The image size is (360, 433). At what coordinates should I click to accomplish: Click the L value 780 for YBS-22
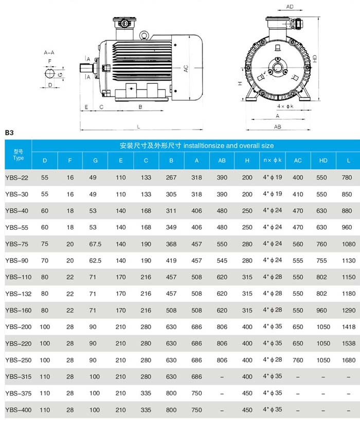tap(347, 177)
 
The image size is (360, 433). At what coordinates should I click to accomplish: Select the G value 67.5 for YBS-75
tap(95, 244)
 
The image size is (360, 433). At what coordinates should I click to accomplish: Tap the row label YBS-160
tap(19, 310)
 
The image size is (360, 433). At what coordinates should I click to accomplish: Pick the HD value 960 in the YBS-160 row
tap(323, 310)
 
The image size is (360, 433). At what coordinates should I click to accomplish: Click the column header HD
tap(323, 160)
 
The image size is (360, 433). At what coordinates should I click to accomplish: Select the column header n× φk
tap(273, 160)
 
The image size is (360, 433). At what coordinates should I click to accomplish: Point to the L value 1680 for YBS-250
tap(347, 360)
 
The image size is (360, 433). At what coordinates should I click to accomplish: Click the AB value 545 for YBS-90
tap(222, 260)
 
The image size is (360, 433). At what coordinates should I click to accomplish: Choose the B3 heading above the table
tap(9, 133)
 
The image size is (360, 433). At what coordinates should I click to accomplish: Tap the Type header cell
tap(19, 155)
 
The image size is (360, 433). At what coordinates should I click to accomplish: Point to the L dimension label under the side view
tap(138, 127)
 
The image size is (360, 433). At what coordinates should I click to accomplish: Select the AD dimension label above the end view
tap(290, 7)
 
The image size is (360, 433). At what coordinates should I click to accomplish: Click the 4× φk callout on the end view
tap(285, 106)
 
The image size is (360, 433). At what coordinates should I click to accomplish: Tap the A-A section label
tap(49, 52)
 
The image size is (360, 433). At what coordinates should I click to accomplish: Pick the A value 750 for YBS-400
tap(196, 410)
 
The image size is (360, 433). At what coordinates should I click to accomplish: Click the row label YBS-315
tap(19, 376)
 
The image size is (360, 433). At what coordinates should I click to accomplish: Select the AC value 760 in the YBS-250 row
tap(298, 360)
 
